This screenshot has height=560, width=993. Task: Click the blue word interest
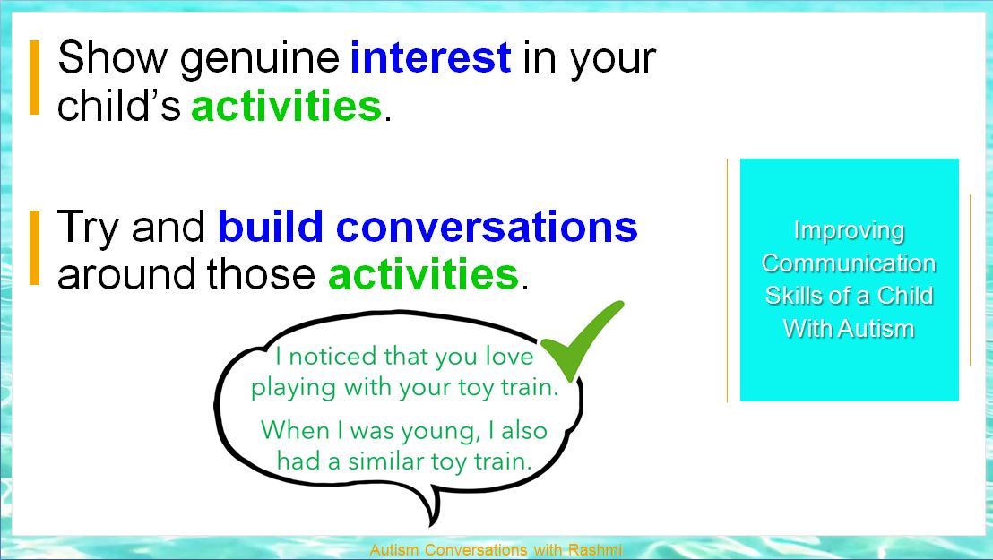(x=431, y=57)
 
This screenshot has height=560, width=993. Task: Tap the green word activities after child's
(x=287, y=105)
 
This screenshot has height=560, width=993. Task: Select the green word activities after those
(x=424, y=274)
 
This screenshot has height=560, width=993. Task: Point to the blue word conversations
(x=487, y=227)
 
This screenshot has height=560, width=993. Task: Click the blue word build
(x=271, y=226)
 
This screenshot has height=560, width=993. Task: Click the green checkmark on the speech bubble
(x=582, y=340)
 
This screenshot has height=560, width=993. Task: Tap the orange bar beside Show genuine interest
(x=35, y=77)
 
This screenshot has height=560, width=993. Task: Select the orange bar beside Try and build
(x=35, y=247)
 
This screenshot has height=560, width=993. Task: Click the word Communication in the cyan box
(x=849, y=263)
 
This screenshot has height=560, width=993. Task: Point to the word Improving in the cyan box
(x=849, y=231)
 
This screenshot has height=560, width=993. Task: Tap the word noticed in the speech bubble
(x=332, y=356)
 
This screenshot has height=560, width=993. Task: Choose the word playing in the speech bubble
(x=293, y=389)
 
